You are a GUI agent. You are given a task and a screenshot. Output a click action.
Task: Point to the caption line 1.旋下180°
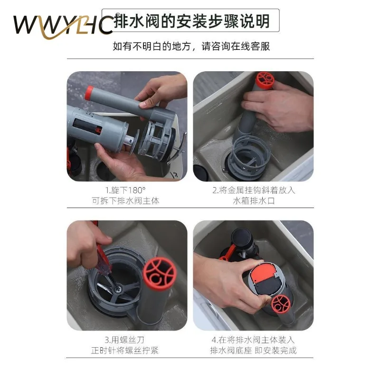[x=126, y=190]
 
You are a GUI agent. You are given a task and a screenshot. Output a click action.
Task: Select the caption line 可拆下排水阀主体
[x=126, y=200]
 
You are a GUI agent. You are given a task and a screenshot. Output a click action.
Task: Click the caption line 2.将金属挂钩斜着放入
[x=254, y=190]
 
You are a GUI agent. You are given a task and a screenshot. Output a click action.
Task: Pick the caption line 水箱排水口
[x=254, y=200]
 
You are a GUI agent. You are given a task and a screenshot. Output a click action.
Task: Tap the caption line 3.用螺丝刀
[x=126, y=340]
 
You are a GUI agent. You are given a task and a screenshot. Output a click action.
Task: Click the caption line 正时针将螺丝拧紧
[x=126, y=351]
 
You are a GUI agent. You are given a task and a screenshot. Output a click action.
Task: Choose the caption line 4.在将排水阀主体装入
[x=254, y=340]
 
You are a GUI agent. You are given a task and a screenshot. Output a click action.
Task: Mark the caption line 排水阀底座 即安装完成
[x=254, y=351]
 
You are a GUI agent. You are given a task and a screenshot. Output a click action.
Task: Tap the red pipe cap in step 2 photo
[x=265, y=79]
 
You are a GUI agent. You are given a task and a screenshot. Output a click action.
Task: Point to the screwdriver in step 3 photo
[x=102, y=259]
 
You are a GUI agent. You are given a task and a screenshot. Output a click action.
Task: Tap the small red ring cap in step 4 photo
[x=281, y=304]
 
